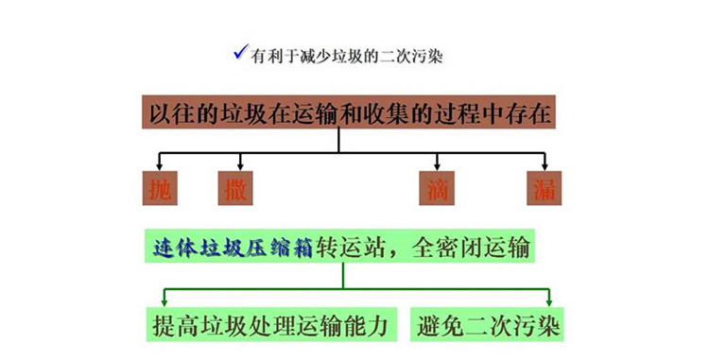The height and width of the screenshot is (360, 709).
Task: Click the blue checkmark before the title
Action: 240,52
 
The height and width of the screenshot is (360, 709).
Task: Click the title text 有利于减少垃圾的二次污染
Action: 346,57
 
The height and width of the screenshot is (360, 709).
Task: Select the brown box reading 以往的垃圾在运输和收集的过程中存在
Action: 349,111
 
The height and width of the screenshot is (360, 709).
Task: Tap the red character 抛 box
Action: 160,188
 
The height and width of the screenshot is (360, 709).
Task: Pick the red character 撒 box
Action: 235,188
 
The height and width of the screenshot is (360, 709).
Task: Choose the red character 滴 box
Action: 437,188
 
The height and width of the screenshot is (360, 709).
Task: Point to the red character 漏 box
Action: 545,188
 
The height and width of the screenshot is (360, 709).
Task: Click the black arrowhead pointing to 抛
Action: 159,167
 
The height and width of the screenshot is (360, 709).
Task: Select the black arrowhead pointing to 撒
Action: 240,167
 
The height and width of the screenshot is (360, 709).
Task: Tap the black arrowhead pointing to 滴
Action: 437,167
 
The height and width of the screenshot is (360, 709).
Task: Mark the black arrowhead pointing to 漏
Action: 545,167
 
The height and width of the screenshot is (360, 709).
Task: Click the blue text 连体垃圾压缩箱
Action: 233,247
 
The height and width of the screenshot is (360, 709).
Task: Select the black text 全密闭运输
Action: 471,247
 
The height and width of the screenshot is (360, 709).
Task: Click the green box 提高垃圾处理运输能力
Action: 271,325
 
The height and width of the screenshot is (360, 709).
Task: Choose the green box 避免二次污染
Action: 487,325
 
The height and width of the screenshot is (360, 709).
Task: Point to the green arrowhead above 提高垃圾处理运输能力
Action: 164,302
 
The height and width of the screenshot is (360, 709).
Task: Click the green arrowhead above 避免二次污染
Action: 549,302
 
